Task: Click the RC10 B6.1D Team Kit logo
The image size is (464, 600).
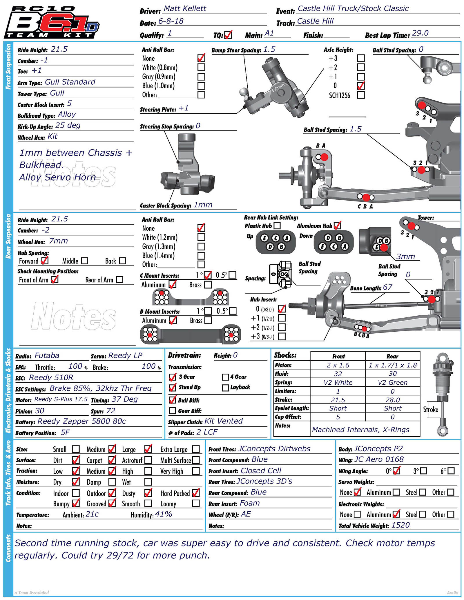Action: point(52,23)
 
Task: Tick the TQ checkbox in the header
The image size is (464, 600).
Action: point(228,35)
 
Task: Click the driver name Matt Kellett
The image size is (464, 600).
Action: point(185,8)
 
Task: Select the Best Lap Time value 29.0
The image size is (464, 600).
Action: point(420,33)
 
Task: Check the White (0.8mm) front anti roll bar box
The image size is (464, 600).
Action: point(201,67)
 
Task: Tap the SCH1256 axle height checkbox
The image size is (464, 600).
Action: point(361,95)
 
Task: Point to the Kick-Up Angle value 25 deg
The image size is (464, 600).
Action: point(68,126)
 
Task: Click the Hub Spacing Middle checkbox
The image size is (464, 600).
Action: point(85,261)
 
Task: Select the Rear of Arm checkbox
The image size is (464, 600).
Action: point(120,280)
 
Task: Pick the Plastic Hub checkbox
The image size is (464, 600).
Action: point(277,226)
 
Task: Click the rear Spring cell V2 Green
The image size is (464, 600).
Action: point(392,383)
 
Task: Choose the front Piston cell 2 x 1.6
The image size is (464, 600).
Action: point(338,365)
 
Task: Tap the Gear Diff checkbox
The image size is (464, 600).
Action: point(173,411)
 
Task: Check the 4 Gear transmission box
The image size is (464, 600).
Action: point(225,377)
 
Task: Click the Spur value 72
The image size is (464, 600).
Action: point(111,411)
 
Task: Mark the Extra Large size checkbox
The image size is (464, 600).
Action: point(196,449)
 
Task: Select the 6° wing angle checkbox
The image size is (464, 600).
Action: point(451,471)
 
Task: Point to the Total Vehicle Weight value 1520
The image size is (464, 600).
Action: point(400,525)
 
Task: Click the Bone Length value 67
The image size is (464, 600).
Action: point(387,287)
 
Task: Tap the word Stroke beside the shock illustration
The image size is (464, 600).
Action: point(431,410)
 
